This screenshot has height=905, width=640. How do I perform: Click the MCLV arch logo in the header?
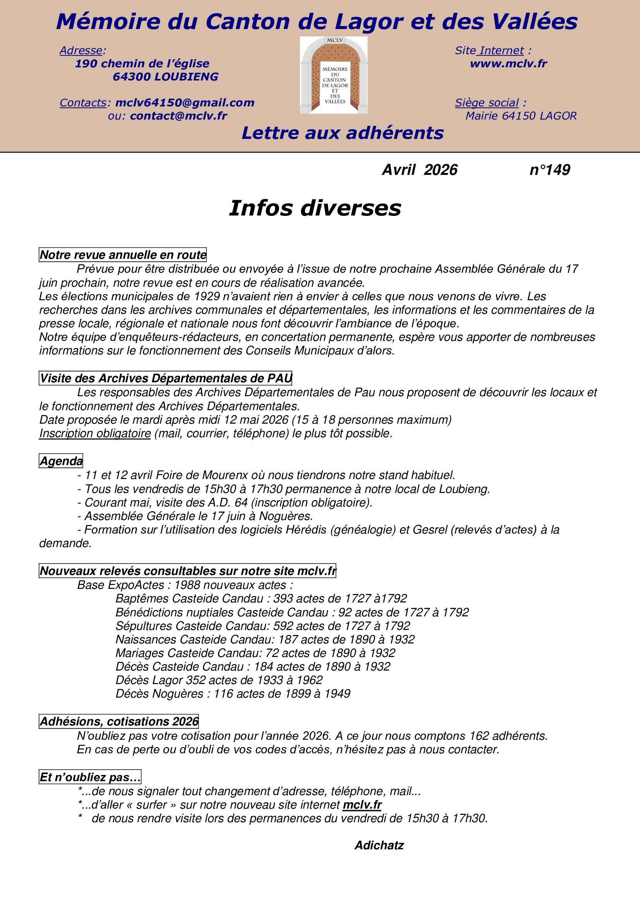[x=334, y=75]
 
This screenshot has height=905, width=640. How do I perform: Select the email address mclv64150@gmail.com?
[x=185, y=103]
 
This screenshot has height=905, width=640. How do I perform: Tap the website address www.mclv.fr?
[x=508, y=64]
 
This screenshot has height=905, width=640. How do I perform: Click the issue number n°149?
[x=549, y=170]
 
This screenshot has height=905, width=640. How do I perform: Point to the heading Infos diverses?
[x=315, y=208]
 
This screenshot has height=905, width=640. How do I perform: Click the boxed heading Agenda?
[x=61, y=461]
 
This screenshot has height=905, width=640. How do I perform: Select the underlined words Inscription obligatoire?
[x=95, y=434]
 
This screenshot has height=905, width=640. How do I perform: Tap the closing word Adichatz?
[x=379, y=845]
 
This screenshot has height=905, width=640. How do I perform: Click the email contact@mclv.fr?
[x=178, y=116]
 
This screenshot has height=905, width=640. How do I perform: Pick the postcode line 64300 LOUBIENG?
[x=166, y=77]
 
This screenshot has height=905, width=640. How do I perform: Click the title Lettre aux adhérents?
[x=342, y=133]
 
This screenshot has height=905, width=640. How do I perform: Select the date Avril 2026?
[x=420, y=170]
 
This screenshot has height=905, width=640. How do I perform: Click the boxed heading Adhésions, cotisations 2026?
[x=119, y=721]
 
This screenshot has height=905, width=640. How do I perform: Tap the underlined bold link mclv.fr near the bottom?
[x=362, y=804]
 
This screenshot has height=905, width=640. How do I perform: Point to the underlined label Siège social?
[x=487, y=103]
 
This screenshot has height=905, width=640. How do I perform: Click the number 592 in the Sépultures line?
[x=283, y=626]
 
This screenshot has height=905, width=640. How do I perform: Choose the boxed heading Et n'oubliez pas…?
[x=90, y=777]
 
